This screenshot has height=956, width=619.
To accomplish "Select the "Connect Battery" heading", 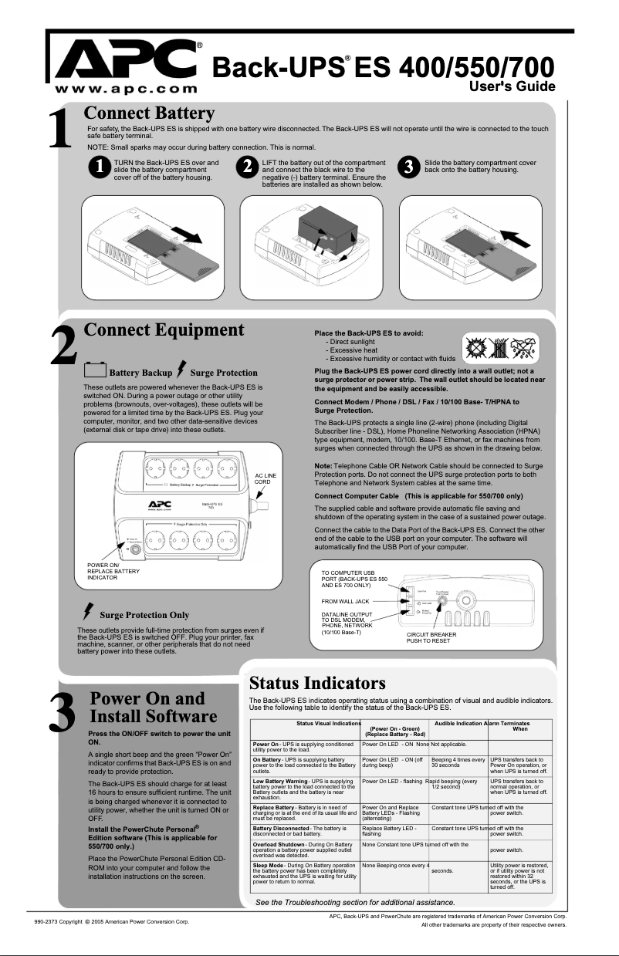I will tap(149, 115).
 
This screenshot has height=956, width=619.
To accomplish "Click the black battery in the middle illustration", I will tap(325, 229).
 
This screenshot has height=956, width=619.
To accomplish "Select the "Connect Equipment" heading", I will tap(164, 331).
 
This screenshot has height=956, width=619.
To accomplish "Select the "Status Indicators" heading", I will tap(317, 683).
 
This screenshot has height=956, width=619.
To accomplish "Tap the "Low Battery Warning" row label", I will tap(282, 782).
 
